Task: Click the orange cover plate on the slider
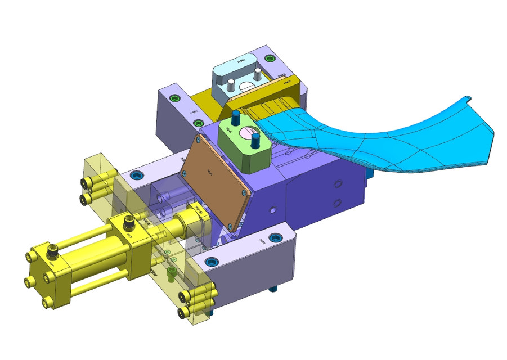(217, 180)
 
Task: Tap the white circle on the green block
(245, 134)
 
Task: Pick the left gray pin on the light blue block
(230, 86)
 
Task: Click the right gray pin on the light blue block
(258, 74)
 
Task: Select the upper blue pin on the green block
(236, 116)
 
